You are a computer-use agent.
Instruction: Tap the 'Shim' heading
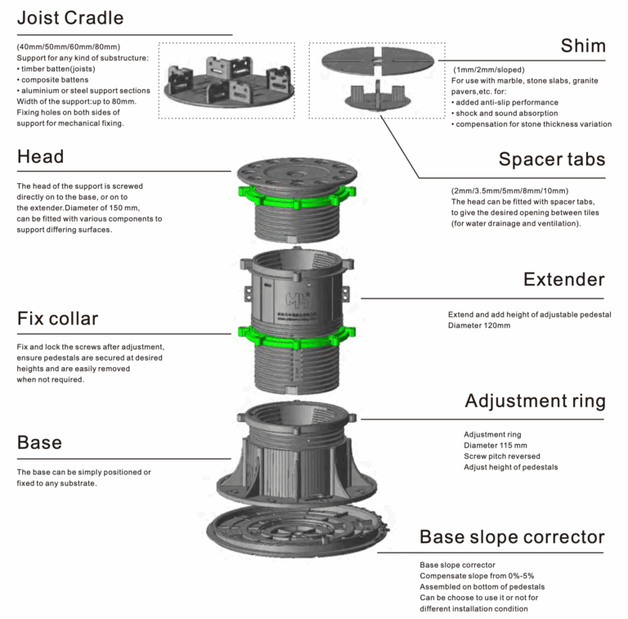pyautogui.click(x=582, y=46)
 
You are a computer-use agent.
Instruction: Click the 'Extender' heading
pyautogui.click(x=563, y=280)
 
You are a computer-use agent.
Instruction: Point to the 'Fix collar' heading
pyautogui.click(x=57, y=318)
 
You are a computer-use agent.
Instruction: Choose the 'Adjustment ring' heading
pyautogui.click(x=535, y=401)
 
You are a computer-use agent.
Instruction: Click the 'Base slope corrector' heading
pyautogui.click(x=512, y=537)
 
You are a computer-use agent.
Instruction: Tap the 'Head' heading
pyautogui.click(x=40, y=156)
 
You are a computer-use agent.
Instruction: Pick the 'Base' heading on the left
pyautogui.click(x=39, y=443)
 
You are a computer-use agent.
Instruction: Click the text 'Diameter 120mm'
pyautogui.click(x=479, y=325)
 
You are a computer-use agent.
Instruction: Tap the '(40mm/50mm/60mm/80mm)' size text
pyautogui.click(x=68, y=47)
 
